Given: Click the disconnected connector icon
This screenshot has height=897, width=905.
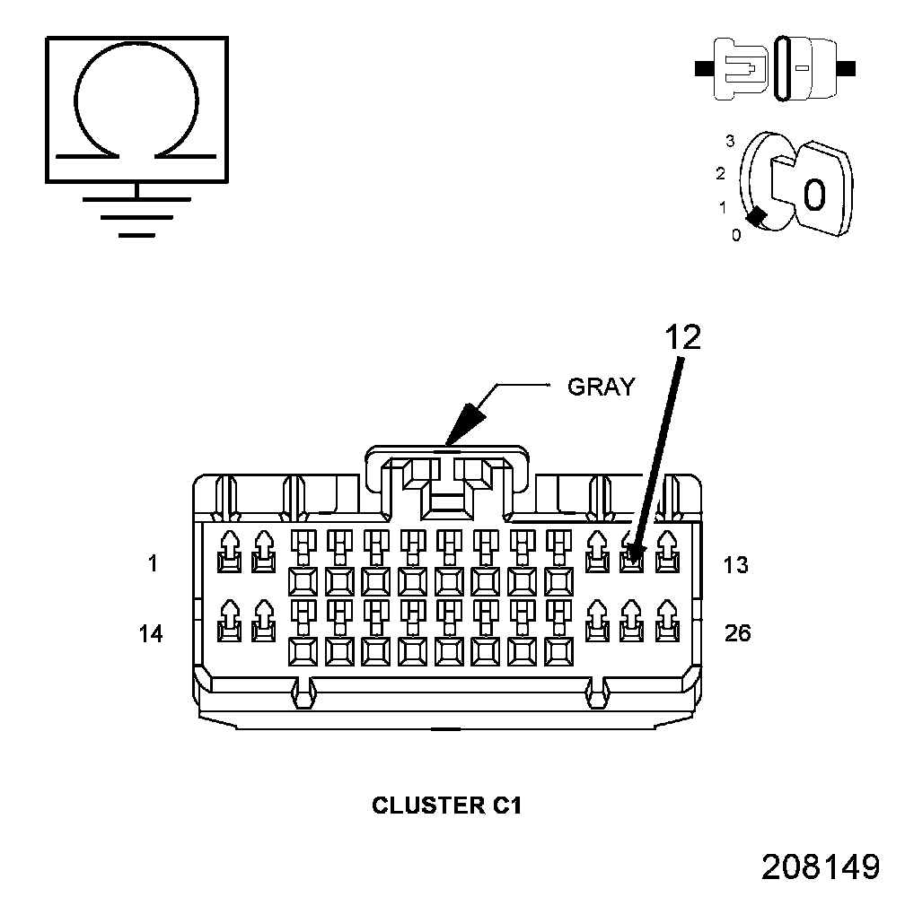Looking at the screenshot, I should click(776, 67).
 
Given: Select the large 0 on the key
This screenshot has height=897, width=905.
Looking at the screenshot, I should click(814, 193).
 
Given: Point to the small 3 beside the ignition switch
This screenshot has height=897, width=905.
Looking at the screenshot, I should click(731, 141).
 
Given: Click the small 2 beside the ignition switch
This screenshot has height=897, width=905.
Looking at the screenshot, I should click(720, 173).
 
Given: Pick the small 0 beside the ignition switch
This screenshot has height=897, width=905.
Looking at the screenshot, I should click(736, 236).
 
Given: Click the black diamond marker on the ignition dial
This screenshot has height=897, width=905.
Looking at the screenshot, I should click(758, 216).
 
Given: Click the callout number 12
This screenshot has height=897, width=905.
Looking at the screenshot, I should click(682, 336).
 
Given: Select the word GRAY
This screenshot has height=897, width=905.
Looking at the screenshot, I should click(601, 387).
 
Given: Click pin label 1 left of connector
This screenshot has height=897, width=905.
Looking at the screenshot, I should click(153, 564).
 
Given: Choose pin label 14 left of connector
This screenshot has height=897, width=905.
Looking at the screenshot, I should click(151, 633).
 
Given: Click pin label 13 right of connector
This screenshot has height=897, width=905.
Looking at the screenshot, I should click(736, 564).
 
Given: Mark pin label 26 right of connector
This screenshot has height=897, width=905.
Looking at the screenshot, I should click(737, 633).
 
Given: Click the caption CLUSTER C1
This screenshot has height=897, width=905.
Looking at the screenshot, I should click(446, 806).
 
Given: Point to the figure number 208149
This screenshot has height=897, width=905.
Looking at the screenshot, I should click(820, 866).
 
